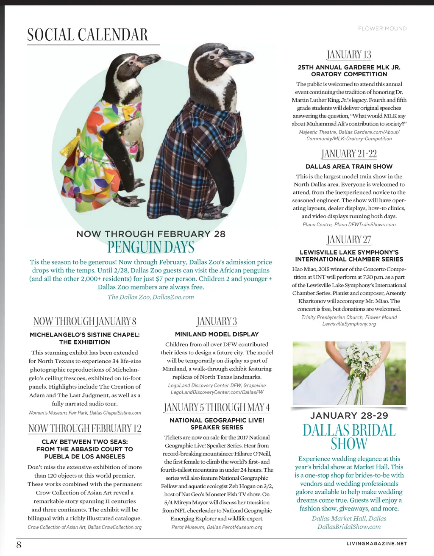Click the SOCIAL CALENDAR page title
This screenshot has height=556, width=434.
87,35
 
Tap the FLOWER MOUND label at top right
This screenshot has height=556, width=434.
382,28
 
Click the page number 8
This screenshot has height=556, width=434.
19,545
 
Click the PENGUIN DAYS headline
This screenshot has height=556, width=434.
151,247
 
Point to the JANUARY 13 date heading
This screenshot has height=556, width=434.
349,55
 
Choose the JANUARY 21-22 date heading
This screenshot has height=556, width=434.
349,154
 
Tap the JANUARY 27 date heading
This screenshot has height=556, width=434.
349,240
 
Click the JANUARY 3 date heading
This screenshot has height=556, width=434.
217,321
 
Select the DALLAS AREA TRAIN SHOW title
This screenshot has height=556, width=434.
349,167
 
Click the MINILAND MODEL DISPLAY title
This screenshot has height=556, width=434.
217,334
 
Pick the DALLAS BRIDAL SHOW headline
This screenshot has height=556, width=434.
349,437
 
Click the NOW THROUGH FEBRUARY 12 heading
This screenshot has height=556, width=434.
85,428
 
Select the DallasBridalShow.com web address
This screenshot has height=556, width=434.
349,527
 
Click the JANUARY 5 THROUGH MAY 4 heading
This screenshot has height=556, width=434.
217,408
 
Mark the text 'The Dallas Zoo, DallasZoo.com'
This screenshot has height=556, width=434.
151,297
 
